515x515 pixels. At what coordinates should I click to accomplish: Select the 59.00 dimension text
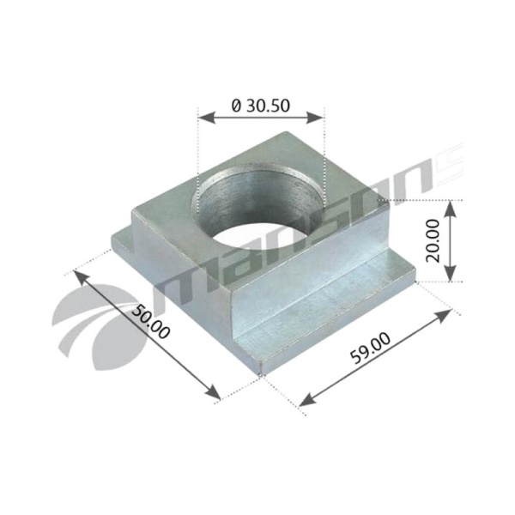(371, 348)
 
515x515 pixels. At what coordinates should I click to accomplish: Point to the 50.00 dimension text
(151, 322)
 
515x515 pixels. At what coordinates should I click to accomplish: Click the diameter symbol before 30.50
(236, 106)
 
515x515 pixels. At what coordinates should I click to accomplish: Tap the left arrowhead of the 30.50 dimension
(207, 118)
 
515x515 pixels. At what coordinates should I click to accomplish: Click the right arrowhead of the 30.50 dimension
(315, 118)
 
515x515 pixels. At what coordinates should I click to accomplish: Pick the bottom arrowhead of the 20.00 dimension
(450, 273)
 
